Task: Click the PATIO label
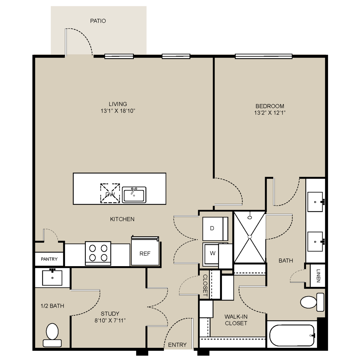pyautogui.click(x=98, y=21)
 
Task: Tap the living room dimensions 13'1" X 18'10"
pyautogui.click(x=118, y=111)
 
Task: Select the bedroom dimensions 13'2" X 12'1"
pyautogui.click(x=270, y=113)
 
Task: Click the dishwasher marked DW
pyautogui.click(x=110, y=193)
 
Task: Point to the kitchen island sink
pyautogui.click(x=134, y=195)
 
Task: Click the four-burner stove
pyautogui.click(x=98, y=253)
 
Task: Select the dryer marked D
pyautogui.click(x=215, y=229)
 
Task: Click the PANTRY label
pyautogui.click(x=49, y=259)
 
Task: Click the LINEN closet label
pyautogui.click(x=318, y=276)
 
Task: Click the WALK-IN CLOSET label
pyautogui.click(x=236, y=320)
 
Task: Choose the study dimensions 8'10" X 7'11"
pyautogui.click(x=110, y=321)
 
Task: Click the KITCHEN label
pyautogui.click(x=122, y=219)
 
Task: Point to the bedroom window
pyautogui.click(x=264, y=56)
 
